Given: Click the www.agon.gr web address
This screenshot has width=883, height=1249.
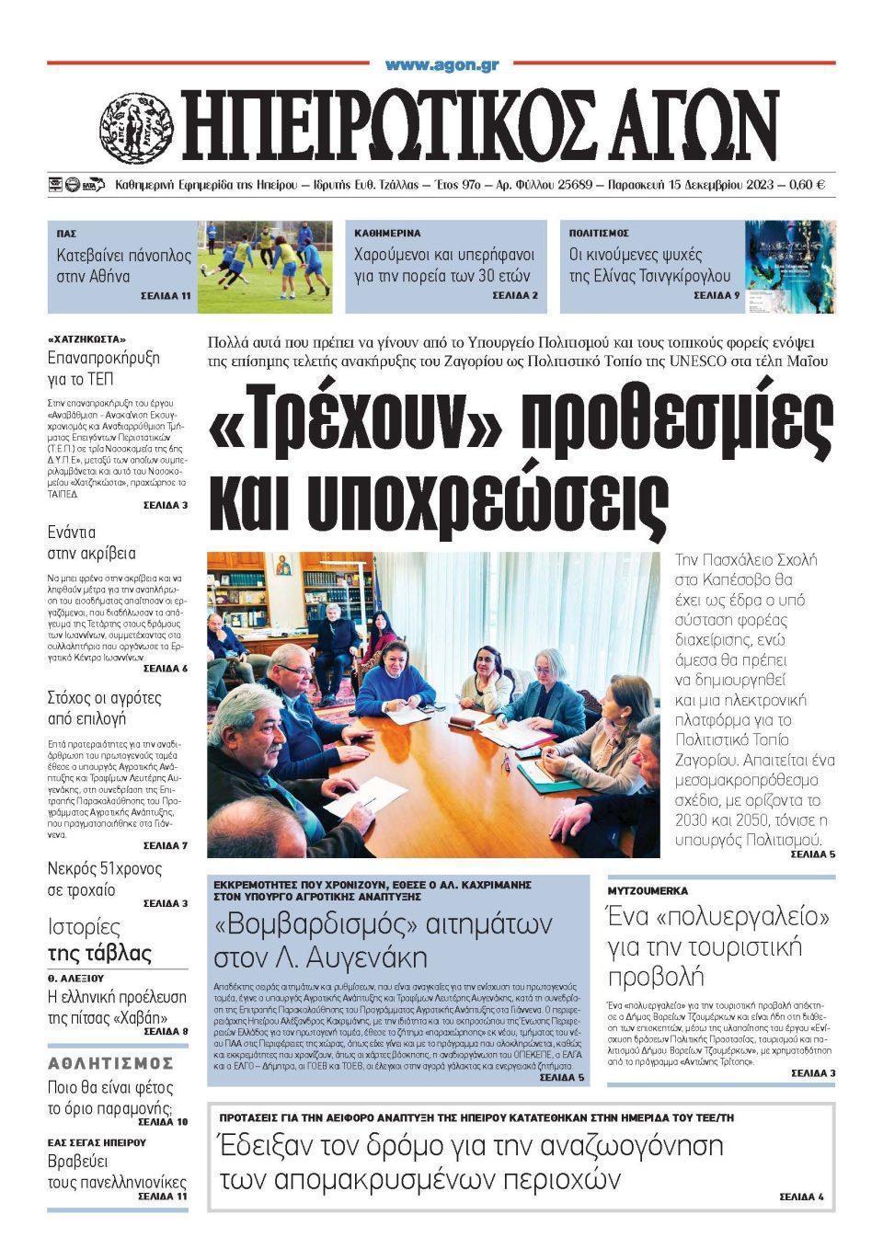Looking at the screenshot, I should click(441, 64).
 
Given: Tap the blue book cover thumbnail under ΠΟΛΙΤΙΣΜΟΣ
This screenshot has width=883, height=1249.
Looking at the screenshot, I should click(790, 266).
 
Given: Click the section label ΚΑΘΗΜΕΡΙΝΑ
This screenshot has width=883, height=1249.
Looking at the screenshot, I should click(388, 234).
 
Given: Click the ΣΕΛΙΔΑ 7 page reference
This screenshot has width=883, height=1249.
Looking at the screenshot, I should click(166, 845).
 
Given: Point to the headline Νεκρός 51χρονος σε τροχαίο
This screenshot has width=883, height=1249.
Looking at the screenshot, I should click(104, 878).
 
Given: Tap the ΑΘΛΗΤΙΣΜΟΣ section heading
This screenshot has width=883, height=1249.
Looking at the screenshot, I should click(110, 1063).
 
